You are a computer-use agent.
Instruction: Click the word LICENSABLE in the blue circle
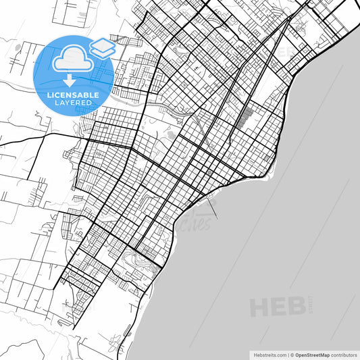73,95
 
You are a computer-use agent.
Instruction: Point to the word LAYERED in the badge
73,103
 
